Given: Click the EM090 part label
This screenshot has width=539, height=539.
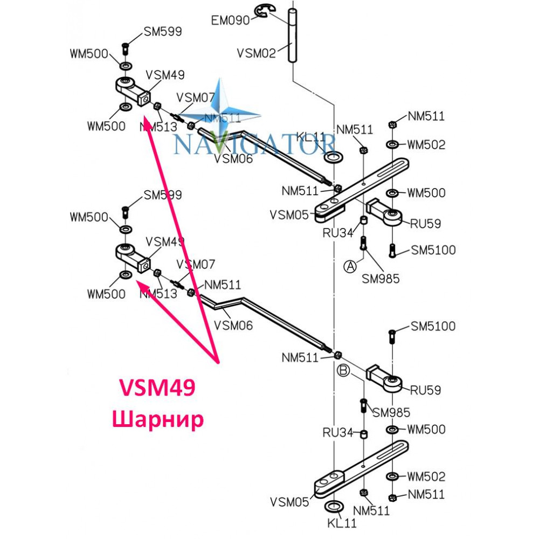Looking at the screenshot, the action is [x=230, y=20].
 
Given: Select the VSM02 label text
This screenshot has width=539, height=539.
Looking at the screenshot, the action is [x=257, y=53].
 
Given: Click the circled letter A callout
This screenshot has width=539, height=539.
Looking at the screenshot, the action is [x=350, y=266].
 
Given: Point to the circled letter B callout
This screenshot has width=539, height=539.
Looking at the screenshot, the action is [x=343, y=370].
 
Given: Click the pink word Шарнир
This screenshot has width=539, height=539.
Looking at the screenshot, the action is [x=158, y=419].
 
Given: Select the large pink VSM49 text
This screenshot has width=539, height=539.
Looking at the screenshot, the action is [x=157, y=388].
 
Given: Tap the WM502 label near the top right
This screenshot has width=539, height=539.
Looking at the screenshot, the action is [x=426, y=144].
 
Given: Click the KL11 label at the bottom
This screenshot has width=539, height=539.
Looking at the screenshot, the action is [x=342, y=523].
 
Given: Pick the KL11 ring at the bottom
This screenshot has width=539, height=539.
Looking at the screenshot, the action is [x=334, y=506].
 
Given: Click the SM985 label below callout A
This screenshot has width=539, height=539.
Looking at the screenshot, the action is [x=381, y=279].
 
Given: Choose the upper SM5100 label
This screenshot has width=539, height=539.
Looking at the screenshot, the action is [x=433, y=250].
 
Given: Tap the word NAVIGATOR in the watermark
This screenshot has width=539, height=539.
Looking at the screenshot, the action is [x=254, y=144].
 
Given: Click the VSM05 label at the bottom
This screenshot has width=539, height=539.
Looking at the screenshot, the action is [x=289, y=502].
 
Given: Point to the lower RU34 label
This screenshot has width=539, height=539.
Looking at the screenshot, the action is [x=338, y=432].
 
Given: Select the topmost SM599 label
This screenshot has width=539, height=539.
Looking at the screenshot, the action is [x=163, y=31].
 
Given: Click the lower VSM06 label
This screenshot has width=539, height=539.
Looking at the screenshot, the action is [x=233, y=325].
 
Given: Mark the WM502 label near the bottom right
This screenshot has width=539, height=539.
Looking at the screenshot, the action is [x=426, y=476].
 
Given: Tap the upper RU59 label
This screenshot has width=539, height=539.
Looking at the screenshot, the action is [x=426, y=224].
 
